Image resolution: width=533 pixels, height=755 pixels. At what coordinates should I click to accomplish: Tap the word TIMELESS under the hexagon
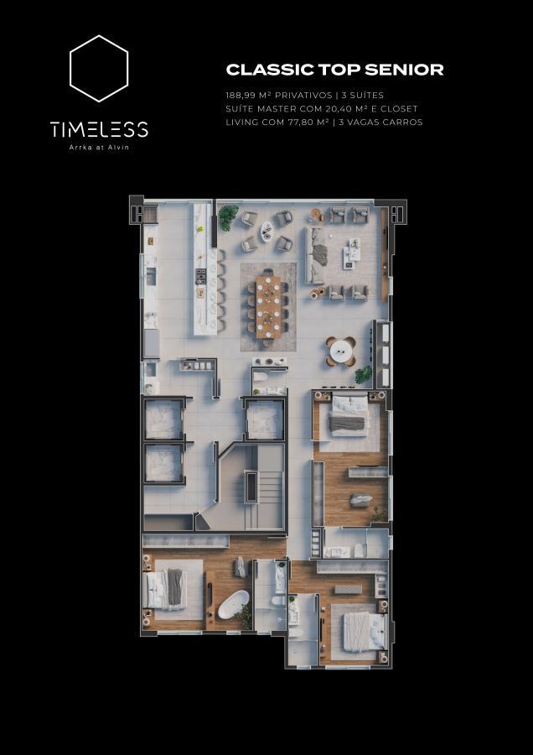(x=99, y=129)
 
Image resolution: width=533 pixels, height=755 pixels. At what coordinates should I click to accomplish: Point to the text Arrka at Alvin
(x=99, y=148)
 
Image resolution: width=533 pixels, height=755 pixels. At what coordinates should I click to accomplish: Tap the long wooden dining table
(x=268, y=307)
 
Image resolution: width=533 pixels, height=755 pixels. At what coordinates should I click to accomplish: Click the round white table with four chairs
(x=340, y=351)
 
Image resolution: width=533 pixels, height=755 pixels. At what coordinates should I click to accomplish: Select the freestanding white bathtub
(x=233, y=605)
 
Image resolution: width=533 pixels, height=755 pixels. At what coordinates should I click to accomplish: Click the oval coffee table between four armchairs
(x=266, y=232)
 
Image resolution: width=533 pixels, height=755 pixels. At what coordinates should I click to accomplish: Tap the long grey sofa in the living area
(x=314, y=256)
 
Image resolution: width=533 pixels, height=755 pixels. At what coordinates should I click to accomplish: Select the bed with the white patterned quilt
(x=365, y=631)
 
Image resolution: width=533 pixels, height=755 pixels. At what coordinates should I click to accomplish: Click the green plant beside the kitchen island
(x=229, y=217)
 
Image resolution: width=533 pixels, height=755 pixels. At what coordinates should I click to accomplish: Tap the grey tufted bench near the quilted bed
(x=348, y=590)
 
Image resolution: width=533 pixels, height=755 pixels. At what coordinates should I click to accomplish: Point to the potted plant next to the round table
(x=364, y=375)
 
